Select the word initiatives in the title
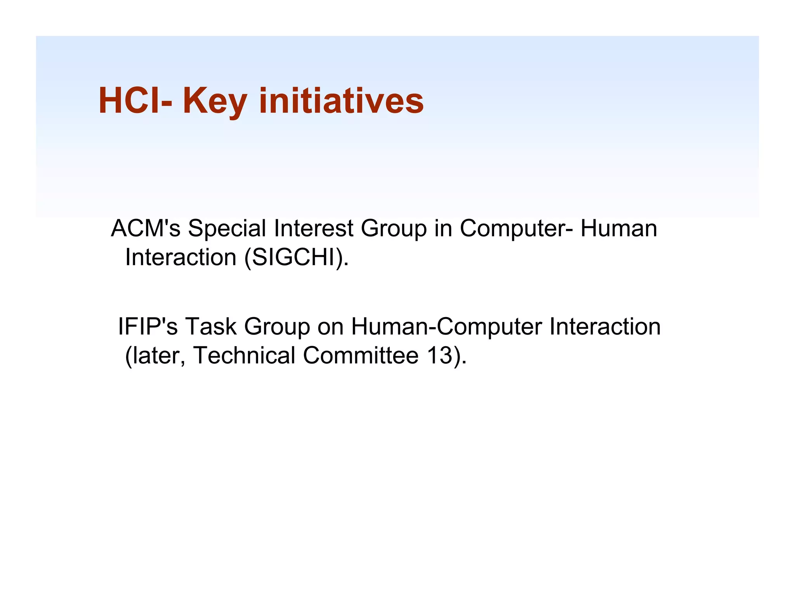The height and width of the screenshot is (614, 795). [x=341, y=101]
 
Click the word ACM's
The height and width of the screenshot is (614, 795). [x=146, y=228]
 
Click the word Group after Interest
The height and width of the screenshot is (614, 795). [x=394, y=229]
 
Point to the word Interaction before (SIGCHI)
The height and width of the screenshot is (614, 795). [x=181, y=257]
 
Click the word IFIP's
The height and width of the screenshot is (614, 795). [x=148, y=326]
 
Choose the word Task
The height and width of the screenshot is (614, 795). [x=210, y=326]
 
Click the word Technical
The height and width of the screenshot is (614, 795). [x=244, y=356]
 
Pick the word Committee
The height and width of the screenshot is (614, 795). [x=361, y=356]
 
